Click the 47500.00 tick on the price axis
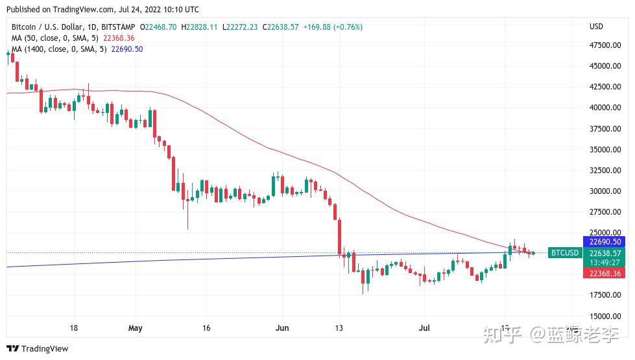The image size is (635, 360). pos(605,45)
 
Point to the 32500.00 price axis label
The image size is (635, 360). pos(605,171)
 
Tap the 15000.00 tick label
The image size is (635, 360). pos(605,316)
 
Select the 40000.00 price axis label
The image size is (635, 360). pos(605,108)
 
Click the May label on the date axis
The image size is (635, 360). pos(135,328)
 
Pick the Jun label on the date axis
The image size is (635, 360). pos(282,328)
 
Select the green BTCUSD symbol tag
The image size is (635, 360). pos(564,253)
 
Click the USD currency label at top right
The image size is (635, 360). pos(595,27)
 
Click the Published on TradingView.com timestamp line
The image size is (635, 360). pos(104,10)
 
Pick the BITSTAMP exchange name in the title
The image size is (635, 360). pos(117,27)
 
